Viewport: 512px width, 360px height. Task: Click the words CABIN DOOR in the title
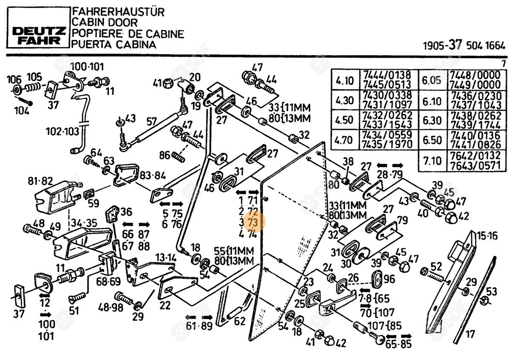click(104, 23)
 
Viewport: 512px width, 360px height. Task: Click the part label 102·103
click(62, 132)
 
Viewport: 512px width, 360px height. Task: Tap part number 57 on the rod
click(151, 121)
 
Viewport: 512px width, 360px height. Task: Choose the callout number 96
click(389, 279)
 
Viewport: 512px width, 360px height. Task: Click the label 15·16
click(488, 236)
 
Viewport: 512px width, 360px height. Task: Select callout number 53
click(492, 292)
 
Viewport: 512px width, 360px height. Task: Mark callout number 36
click(126, 211)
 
